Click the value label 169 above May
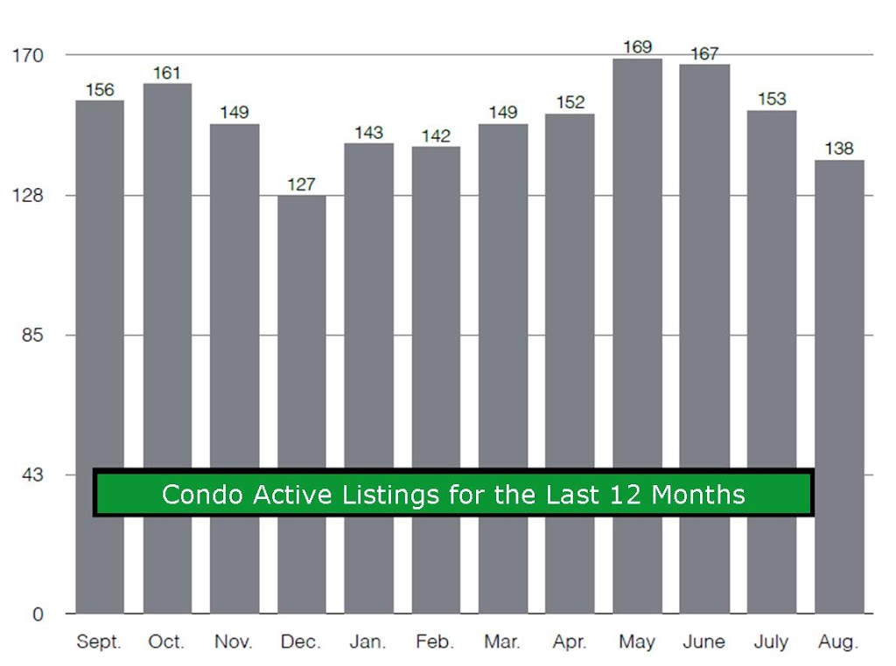click(637, 46)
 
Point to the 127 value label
click(301, 184)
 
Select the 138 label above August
click(839, 149)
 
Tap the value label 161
click(167, 73)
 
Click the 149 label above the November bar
click(234, 112)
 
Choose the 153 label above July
click(772, 99)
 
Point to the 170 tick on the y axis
click(28, 55)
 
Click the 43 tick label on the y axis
click(32, 475)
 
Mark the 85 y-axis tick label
click(32, 335)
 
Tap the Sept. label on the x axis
click(99, 642)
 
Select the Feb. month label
click(435, 642)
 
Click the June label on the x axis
click(704, 642)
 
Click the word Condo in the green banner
click(203, 494)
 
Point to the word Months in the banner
click(698, 494)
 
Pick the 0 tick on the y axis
click(38, 614)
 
